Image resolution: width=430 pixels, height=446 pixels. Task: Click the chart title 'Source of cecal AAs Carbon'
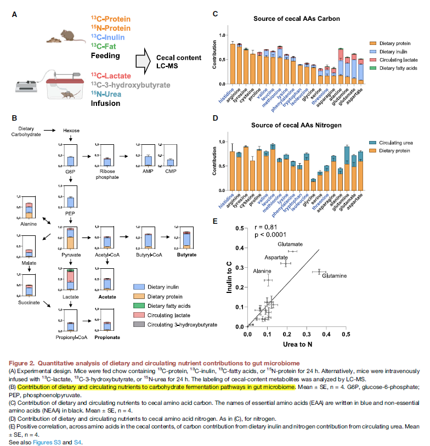click(296, 19)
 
